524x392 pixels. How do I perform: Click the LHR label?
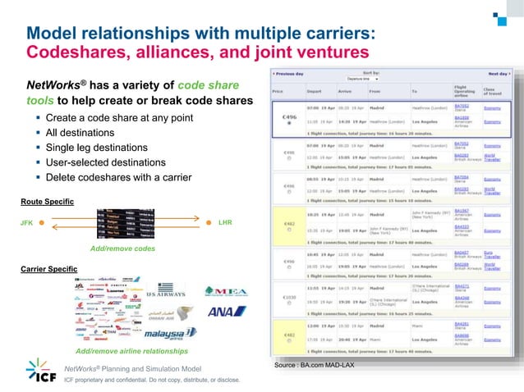click(x=226, y=221)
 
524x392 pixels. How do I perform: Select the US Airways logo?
click(x=166, y=292)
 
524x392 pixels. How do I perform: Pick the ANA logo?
click(x=221, y=312)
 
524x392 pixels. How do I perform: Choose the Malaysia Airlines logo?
click(x=170, y=334)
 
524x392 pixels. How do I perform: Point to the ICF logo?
click(x=41, y=371)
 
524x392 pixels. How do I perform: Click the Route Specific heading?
click(x=47, y=201)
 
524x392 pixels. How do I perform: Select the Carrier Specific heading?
click(x=48, y=269)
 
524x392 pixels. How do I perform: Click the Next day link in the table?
click(x=498, y=74)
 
